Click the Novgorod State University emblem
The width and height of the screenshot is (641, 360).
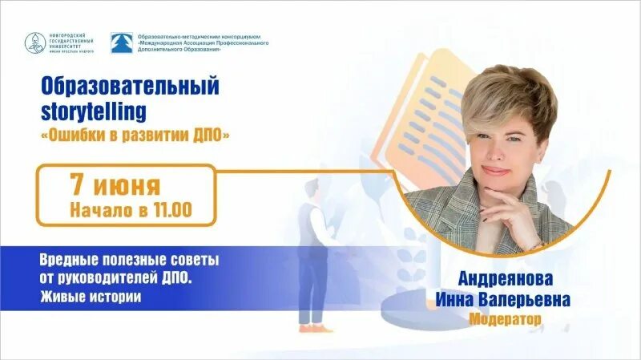point(35,43)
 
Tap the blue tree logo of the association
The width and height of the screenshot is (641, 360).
point(122,43)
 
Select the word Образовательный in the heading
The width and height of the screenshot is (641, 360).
point(129,85)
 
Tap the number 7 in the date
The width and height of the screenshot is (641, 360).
point(78,185)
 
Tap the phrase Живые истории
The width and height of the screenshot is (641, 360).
point(90,297)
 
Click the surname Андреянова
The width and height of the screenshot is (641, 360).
point(506,279)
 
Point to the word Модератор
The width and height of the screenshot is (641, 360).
point(506,318)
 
